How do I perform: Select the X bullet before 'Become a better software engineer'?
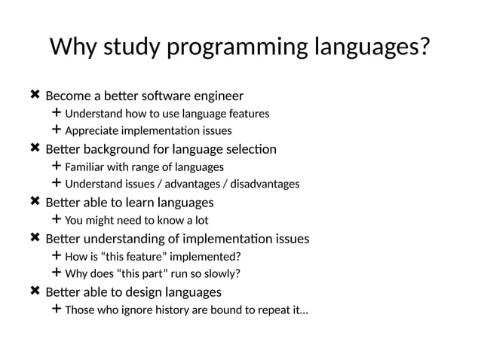click(35, 96)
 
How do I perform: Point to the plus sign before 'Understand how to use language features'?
click(57, 114)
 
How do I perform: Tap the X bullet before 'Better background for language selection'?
click(35, 149)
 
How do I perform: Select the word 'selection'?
click(250, 149)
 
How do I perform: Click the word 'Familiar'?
click(86, 166)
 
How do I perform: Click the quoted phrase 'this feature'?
click(139, 256)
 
